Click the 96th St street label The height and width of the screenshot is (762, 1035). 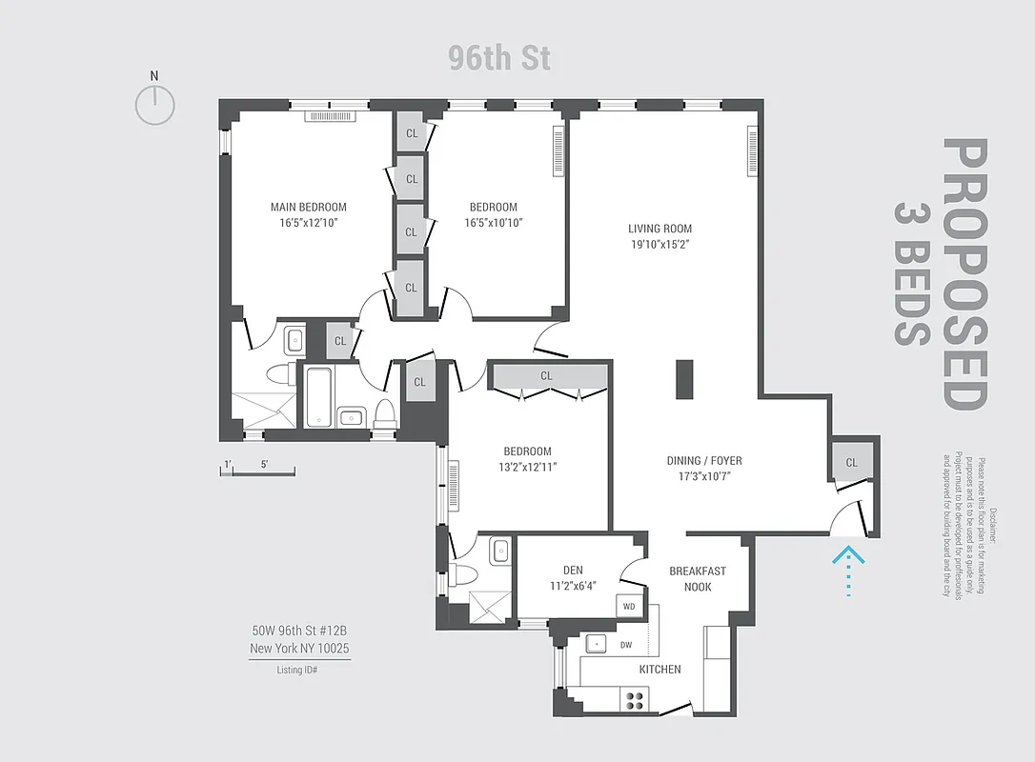point(499,58)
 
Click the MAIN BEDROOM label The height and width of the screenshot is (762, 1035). point(308,207)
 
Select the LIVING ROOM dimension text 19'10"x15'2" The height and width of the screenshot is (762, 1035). point(660,244)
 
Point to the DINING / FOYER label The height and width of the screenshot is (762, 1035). point(703,460)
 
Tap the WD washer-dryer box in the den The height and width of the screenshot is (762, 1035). point(629,605)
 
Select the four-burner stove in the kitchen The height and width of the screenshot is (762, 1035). point(634,700)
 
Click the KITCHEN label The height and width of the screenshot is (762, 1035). point(660,670)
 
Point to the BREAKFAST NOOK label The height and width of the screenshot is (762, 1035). point(697,579)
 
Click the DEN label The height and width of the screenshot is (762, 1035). point(573,571)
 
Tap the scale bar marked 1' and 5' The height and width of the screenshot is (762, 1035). point(256,471)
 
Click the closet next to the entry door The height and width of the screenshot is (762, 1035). point(851,462)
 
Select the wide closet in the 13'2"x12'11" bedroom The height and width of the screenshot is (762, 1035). point(546,376)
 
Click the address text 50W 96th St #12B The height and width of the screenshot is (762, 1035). point(300,631)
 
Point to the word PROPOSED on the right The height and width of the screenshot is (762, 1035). point(964,274)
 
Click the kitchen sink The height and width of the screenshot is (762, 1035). point(597,644)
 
